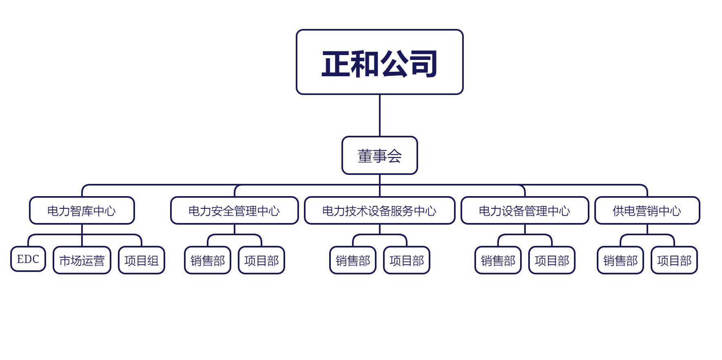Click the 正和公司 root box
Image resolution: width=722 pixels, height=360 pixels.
pyautogui.click(x=379, y=62)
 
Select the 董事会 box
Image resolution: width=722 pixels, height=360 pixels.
pyautogui.click(x=379, y=155)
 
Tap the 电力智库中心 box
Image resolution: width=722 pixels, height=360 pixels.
pyautogui.click(x=82, y=210)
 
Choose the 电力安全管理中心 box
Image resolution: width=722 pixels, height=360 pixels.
pyautogui.click(x=234, y=210)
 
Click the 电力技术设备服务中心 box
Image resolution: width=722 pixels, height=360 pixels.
pyautogui.click(x=379, y=210)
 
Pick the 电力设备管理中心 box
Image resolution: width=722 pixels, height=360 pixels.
pyautogui.click(x=525, y=210)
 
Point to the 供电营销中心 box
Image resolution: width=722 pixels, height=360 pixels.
pyautogui.click(x=647, y=210)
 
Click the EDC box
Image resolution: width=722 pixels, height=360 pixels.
pyautogui.click(x=28, y=259)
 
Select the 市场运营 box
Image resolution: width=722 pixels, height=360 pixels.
pyautogui.click(x=82, y=260)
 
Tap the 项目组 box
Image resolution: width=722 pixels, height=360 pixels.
pyautogui.click(x=141, y=260)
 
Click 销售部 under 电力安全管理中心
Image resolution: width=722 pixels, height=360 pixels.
pyautogui.click(x=207, y=260)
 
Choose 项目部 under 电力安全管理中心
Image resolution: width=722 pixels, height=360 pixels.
pyautogui.click(x=261, y=260)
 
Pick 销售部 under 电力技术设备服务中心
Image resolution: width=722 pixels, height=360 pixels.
pyautogui.click(x=352, y=260)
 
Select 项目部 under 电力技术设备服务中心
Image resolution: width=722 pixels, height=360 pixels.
pyautogui.click(x=406, y=260)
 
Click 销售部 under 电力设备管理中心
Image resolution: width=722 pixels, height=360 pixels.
pyautogui.click(x=498, y=260)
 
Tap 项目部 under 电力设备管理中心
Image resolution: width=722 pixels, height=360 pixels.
pyautogui.click(x=551, y=260)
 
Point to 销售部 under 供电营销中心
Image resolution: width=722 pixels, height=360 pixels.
pyautogui.click(x=620, y=260)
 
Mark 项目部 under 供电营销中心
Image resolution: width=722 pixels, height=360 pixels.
pyautogui.click(x=674, y=260)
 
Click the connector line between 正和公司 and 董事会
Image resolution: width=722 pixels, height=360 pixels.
pyautogui.click(x=380, y=115)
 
